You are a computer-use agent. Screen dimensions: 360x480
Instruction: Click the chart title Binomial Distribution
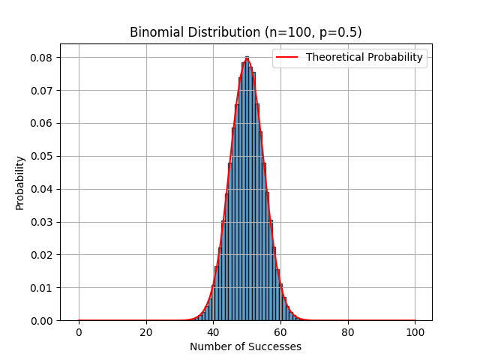point(245,32)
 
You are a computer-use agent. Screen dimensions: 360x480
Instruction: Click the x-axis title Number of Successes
point(245,346)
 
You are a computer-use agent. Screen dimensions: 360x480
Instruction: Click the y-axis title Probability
point(20,182)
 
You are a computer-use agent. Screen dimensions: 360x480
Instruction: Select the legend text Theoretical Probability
point(364,57)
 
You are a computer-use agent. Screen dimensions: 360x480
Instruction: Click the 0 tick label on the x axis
point(79,331)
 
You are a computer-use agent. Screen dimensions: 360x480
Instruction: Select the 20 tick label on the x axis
point(146,331)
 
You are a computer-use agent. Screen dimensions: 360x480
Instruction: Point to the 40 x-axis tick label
point(213,331)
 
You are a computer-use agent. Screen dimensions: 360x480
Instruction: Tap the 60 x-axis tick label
point(280,331)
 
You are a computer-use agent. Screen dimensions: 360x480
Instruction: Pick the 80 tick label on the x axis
point(348,331)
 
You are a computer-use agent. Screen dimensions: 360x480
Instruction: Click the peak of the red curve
point(247,58)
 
